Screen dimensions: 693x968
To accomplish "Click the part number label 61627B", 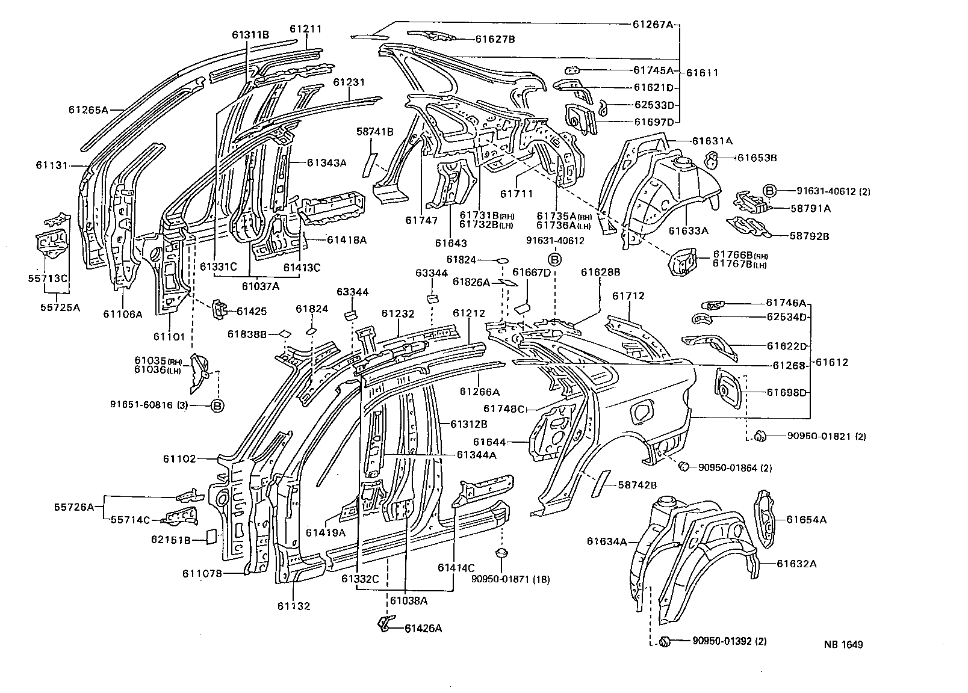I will [x=495, y=39].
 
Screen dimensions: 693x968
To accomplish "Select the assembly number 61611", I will [x=702, y=73].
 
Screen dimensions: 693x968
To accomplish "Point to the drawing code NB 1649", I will [x=843, y=644].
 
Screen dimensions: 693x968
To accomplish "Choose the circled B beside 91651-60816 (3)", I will [x=217, y=405].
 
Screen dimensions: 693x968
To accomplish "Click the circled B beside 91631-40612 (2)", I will [x=769, y=191].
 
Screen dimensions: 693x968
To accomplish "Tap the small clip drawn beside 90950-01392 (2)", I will [x=666, y=641].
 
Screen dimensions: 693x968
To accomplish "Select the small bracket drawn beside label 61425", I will [x=218, y=309].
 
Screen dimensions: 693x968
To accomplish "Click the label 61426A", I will [x=423, y=629].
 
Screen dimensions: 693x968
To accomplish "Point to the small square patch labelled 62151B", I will [x=211, y=535].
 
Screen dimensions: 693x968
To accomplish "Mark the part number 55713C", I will [x=48, y=279].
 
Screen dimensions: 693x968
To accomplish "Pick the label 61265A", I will [x=88, y=110].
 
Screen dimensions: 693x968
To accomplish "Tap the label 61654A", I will [x=806, y=520].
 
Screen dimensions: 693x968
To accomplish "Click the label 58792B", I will [x=809, y=236].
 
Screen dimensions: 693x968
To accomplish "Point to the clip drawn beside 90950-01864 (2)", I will [x=683, y=466].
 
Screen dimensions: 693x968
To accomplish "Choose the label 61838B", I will [x=247, y=334].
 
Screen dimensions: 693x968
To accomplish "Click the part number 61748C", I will [x=504, y=409].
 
